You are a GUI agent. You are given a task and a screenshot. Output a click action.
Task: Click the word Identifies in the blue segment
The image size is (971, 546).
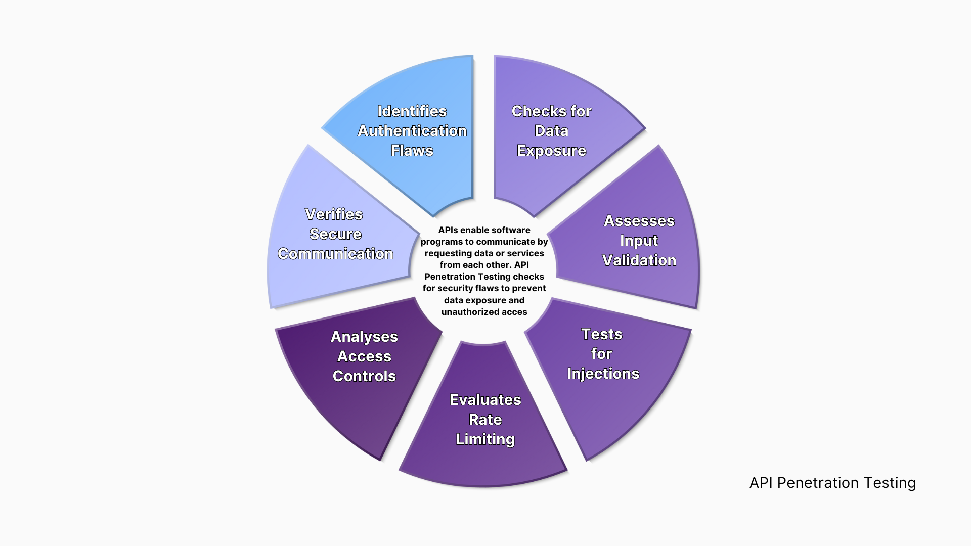click(x=412, y=111)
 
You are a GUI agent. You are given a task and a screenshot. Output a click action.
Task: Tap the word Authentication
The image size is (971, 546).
click(x=412, y=131)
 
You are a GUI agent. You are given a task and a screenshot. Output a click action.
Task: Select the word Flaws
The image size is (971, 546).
click(x=412, y=151)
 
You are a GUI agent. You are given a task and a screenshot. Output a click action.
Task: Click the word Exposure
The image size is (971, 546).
click(x=551, y=151)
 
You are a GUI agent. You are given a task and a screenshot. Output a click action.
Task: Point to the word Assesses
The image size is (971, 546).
click(x=639, y=221)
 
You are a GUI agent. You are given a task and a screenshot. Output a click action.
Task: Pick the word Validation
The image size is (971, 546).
click(x=639, y=260)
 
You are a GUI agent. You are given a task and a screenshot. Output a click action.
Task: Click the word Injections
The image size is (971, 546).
click(x=603, y=374)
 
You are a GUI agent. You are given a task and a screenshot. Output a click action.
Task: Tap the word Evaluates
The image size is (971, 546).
click(x=485, y=400)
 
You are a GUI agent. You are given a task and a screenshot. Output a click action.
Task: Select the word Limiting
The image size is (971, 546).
click(x=485, y=439)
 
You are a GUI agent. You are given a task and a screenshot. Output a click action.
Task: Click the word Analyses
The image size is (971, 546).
click(x=364, y=337)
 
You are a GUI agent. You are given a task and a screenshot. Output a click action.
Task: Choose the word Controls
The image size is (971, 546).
click(x=364, y=376)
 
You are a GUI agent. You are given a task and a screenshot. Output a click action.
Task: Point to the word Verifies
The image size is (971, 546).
click(x=334, y=214)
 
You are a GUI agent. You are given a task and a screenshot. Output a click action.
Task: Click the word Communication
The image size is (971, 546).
click(x=335, y=254)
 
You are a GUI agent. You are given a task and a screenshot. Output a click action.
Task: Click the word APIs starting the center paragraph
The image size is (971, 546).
click(x=449, y=230)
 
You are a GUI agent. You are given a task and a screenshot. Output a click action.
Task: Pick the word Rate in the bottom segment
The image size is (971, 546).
click(x=485, y=420)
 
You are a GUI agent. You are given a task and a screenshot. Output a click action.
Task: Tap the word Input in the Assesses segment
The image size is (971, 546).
click(x=639, y=241)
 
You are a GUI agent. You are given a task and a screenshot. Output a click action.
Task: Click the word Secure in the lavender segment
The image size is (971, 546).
click(x=335, y=234)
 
